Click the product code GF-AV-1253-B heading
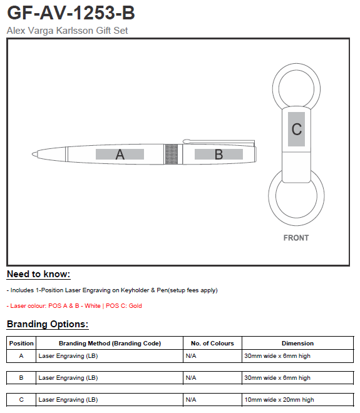click(71, 13)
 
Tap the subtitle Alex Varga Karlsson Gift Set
click(67, 31)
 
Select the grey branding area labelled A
click(120, 154)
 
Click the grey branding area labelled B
click(219, 154)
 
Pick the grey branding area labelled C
click(297, 129)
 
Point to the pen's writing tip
click(33, 154)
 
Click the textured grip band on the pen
click(172, 154)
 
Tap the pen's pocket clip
click(219, 141)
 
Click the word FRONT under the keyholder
click(296, 238)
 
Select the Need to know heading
click(38, 274)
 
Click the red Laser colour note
click(75, 306)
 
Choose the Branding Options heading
click(48, 324)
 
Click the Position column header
click(21, 343)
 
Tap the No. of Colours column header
click(212, 343)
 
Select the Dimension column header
click(297, 343)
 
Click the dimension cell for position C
click(279, 400)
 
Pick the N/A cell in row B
click(191, 378)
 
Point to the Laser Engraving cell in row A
click(68, 356)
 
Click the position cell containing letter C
click(21, 400)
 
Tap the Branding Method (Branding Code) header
click(110, 343)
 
